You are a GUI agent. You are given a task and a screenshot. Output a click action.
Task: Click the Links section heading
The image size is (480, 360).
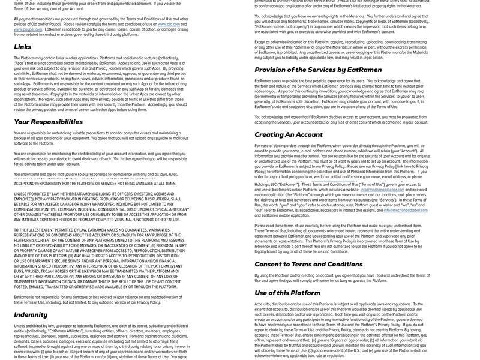(23, 47)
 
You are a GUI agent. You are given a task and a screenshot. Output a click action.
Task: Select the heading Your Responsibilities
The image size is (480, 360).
(49, 122)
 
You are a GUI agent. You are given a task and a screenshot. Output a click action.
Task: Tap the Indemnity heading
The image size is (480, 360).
(31, 314)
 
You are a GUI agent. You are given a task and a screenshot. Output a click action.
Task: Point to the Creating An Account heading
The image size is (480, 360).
(289, 134)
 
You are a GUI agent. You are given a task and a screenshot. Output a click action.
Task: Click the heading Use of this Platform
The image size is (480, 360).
(287, 293)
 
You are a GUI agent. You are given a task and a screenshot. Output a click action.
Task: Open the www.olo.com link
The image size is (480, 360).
(169, 24)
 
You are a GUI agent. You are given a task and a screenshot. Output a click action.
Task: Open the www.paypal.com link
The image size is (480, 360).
(28, 29)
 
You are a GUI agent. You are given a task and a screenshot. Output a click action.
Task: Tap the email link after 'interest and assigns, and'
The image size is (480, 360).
(406, 211)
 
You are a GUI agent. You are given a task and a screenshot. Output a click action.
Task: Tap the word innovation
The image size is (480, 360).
(325, 91)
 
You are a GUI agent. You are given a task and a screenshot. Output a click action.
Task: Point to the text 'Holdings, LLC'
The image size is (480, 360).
(266, 185)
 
